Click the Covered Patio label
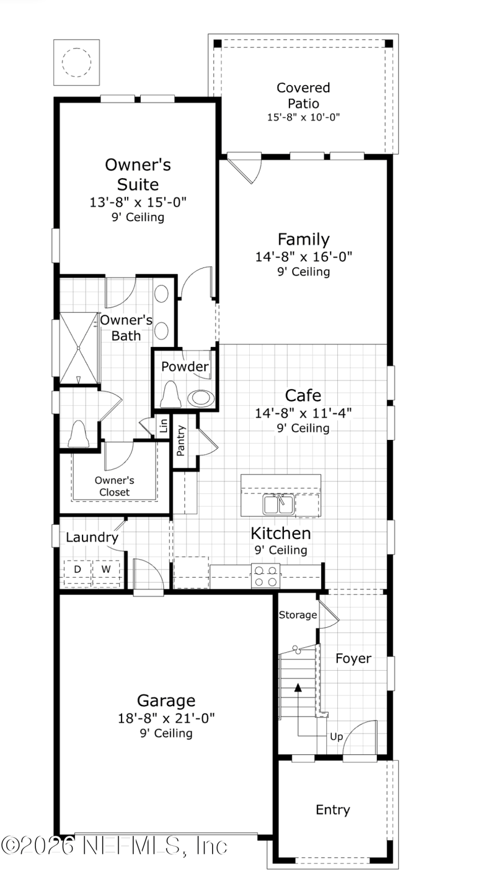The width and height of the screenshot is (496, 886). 303,96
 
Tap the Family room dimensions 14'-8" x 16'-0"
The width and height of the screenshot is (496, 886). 304,257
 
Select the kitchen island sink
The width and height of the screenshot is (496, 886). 278,504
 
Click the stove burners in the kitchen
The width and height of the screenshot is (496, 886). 265,576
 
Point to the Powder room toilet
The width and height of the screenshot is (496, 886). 170,395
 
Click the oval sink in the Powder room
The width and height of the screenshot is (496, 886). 201,398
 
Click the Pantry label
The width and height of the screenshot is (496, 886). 180,441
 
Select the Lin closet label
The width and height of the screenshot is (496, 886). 163,426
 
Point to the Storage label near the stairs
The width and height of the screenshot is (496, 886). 298,615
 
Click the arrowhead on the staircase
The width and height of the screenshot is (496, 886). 298,687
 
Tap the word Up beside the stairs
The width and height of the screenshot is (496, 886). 336,736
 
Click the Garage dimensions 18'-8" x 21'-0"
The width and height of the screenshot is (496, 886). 166,718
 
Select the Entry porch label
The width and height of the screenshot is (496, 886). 333,810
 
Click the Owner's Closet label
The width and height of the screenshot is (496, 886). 114,486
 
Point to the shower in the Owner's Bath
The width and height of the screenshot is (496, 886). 78,348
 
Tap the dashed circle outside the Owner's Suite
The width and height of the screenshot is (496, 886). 77,62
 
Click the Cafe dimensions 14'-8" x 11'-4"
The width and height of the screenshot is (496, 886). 303,413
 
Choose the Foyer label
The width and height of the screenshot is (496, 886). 353,658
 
